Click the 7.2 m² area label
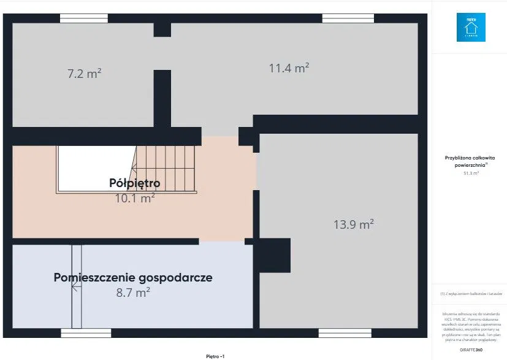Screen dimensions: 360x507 84,74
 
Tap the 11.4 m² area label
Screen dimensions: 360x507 289,68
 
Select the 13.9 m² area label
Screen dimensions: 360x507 354,224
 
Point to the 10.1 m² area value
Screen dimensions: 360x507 134,197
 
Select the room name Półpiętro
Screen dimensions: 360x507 134,183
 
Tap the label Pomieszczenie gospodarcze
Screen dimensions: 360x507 133,277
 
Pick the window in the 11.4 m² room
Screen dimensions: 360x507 339,18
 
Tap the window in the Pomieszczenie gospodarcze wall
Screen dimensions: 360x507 86,333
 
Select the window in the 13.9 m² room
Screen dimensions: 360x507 336,333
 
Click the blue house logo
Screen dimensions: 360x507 470,28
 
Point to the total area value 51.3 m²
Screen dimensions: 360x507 470,173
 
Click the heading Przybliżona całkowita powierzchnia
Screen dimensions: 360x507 470,161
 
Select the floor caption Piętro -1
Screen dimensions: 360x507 215,356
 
